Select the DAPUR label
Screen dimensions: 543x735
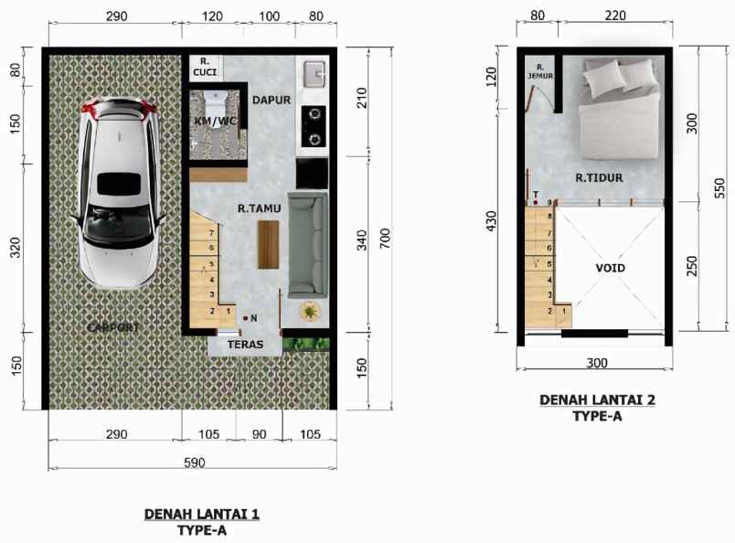click(x=271, y=100)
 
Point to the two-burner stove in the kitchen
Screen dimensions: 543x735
click(x=313, y=126)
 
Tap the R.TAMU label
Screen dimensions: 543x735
click(x=259, y=208)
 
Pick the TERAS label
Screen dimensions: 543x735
click(x=245, y=346)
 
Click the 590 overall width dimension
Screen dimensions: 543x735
click(x=193, y=463)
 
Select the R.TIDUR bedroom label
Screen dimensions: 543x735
click(x=599, y=178)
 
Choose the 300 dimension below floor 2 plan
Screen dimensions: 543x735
click(x=596, y=363)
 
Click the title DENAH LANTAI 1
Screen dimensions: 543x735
click(x=201, y=515)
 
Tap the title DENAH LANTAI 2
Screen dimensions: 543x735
click(x=597, y=399)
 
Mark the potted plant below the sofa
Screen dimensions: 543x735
click(x=311, y=312)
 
